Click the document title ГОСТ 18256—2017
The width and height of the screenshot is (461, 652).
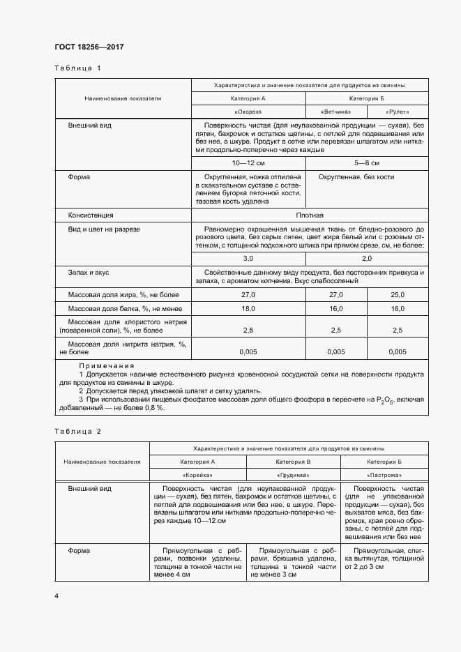(89, 47)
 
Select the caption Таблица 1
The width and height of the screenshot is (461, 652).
(78, 68)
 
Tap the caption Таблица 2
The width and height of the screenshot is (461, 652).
(78, 431)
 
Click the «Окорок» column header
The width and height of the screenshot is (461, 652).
(248, 112)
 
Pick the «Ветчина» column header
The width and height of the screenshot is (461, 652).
(335, 112)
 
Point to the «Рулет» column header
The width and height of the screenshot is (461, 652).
(397, 112)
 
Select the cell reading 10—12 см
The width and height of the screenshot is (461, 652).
(248, 163)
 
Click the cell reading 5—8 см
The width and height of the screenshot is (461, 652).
(367, 163)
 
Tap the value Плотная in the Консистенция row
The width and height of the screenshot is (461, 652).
(309, 215)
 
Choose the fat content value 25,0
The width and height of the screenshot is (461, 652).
(398, 296)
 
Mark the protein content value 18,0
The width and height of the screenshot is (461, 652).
(248, 309)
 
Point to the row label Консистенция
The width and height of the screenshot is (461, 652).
(91, 215)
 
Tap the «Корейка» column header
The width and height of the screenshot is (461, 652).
(198, 474)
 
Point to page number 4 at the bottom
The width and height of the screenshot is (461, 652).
(57, 596)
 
